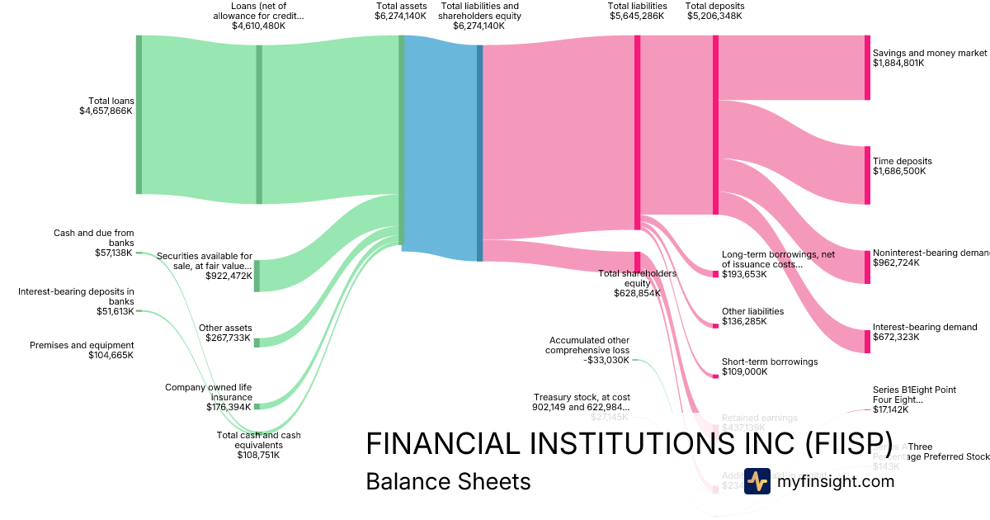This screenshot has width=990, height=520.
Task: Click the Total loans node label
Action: (x=111, y=101)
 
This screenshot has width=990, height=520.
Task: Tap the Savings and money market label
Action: (x=929, y=53)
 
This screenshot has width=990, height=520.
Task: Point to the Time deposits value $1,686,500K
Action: (x=899, y=172)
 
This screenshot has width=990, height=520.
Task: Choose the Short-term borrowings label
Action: (x=770, y=362)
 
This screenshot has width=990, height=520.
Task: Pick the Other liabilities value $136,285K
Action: (x=744, y=321)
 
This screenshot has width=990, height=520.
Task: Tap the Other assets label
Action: (x=225, y=328)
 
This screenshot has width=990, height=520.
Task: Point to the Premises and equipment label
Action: (x=82, y=345)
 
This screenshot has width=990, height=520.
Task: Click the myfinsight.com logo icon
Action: (x=757, y=481)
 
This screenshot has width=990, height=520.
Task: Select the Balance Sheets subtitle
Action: (x=448, y=481)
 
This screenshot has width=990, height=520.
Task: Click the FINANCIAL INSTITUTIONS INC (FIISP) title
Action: (x=629, y=444)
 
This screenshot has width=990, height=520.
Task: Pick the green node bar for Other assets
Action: (x=257, y=343)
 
